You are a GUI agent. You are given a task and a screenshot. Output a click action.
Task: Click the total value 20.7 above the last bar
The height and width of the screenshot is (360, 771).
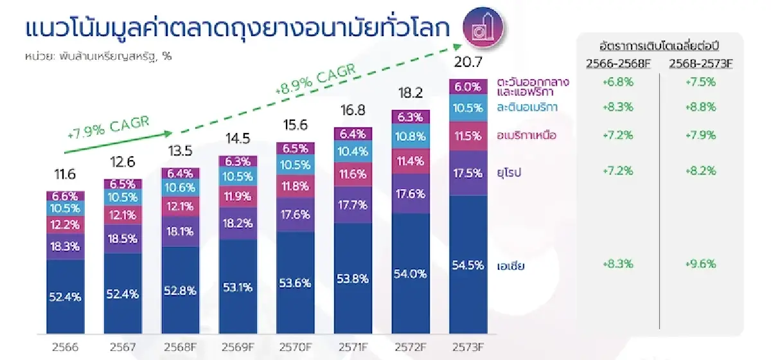467,63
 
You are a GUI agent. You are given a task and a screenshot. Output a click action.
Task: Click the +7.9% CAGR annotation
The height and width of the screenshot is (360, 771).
108,126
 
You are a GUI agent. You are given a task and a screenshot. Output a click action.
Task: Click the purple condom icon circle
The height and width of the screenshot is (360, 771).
482,26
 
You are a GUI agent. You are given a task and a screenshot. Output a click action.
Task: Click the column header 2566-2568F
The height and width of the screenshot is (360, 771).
615,62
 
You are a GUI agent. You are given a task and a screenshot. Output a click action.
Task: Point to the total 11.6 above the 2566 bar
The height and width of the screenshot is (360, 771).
65,175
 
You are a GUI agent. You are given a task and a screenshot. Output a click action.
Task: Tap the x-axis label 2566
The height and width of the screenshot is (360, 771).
65,348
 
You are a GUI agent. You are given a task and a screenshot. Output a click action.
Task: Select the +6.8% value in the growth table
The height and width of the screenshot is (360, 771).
616,82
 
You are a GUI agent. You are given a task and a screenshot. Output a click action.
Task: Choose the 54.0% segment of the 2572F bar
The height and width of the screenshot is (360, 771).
410,273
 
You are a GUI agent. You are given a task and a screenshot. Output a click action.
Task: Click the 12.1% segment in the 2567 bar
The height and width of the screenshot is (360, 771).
122,214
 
